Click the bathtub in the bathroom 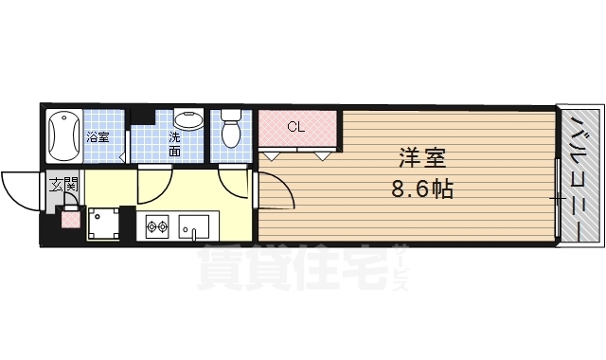point(64,136)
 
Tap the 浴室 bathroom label point(98,137)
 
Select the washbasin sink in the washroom point(189,120)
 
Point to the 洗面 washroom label point(175,143)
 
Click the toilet point(230,131)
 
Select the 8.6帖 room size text point(421,189)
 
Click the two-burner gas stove point(156,226)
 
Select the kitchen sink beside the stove point(196,226)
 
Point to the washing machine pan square point(106,223)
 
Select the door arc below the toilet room point(233,180)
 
